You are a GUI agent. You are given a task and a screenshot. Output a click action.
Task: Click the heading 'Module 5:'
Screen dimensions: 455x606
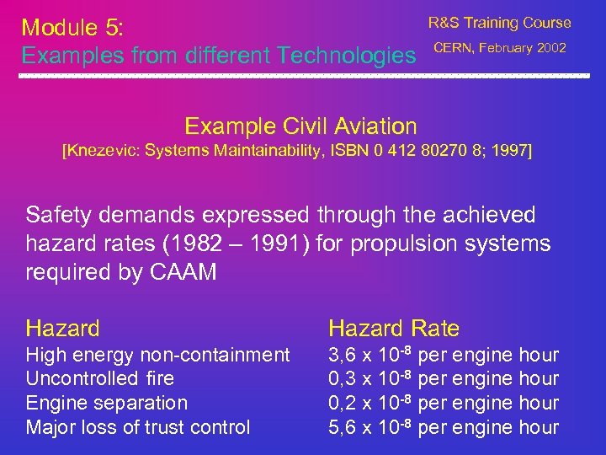click(73, 28)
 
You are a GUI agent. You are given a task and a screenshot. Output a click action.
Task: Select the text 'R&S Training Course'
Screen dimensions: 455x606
click(499, 23)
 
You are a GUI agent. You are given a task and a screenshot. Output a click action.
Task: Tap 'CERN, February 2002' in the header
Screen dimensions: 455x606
click(499, 47)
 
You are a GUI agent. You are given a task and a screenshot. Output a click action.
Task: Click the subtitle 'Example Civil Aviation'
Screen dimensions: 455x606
click(300, 126)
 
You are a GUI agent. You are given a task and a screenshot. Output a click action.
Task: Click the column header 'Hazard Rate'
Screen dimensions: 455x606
click(394, 329)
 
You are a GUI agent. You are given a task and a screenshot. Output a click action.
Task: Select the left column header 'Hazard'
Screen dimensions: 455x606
click(63, 329)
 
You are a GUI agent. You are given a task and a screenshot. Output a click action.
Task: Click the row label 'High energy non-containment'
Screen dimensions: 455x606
click(157, 356)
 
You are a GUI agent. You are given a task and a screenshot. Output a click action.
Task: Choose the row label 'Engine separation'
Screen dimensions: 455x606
click(107, 403)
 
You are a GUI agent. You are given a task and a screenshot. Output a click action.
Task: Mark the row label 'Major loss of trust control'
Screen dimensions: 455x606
click(138, 427)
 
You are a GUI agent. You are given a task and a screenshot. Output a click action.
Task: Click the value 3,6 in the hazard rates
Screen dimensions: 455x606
click(341, 356)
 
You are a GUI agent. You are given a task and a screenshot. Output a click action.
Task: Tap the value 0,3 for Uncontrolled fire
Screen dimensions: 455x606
click(341, 379)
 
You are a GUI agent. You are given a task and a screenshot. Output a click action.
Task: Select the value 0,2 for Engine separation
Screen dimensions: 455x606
click(341, 403)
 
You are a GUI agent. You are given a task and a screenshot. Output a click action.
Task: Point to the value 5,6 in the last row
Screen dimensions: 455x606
click(341, 427)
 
